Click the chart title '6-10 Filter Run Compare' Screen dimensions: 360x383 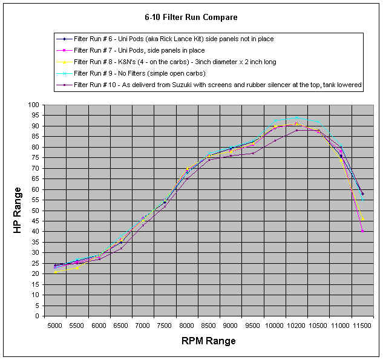click(x=191, y=17)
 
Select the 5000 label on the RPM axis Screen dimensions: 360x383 click(x=55, y=326)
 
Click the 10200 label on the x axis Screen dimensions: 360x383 click(x=296, y=326)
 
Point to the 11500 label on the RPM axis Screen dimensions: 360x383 click(x=362, y=326)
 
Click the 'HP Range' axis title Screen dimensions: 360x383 click(x=18, y=210)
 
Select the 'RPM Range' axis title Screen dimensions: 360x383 click(x=209, y=341)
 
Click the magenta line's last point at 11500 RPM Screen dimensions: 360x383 click(x=362, y=231)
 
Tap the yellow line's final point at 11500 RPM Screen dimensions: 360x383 click(x=362, y=219)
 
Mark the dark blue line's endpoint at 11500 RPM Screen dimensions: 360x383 click(x=362, y=194)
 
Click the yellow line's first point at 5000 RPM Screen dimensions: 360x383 click(x=55, y=272)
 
